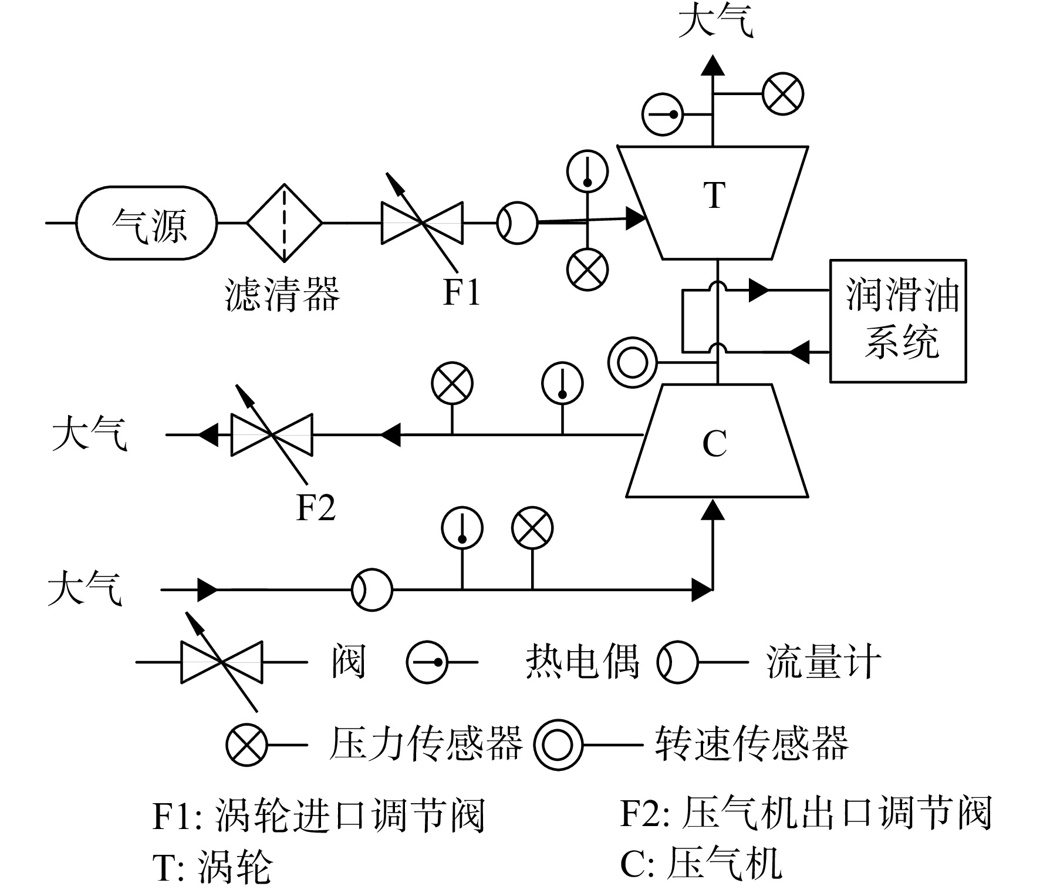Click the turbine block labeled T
(713, 203)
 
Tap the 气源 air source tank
(147, 223)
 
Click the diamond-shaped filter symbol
(284, 223)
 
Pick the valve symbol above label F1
(422, 223)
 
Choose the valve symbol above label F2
(272, 434)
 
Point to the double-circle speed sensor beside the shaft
(632, 362)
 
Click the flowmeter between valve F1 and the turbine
(517, 223)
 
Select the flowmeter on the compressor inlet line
(372, 589)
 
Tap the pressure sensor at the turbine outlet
(783, 94)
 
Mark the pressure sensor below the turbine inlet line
(587, 269)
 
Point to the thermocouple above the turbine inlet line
(587, 171)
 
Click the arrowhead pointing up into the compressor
(713, 509)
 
